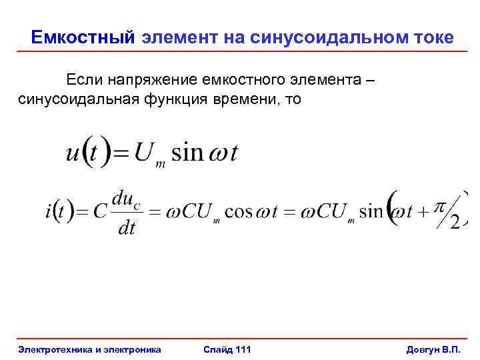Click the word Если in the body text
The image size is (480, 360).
pos(82,81)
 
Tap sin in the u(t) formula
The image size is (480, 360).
pos(188,153)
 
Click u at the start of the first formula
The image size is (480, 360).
pos(73,153)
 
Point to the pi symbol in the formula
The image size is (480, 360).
pos(439,207)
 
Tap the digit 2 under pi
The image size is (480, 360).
pos(455,221)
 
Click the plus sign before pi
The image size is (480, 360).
pos(424,213)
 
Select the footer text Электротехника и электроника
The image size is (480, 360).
pos(90,349)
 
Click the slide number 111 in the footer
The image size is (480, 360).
pos(239,349)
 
